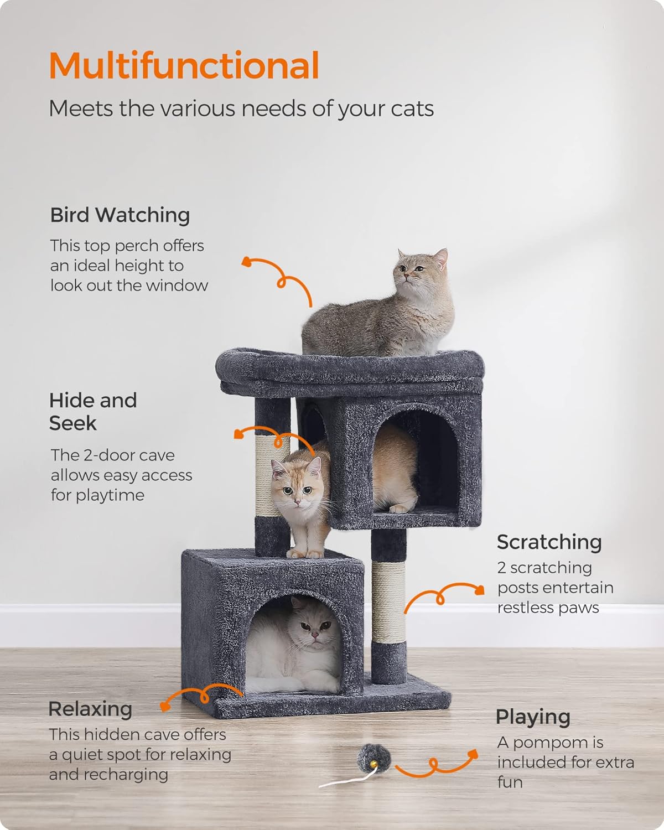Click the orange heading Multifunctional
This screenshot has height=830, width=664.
(x=184, y=65)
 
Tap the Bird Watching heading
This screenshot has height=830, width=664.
(x=120, y=215)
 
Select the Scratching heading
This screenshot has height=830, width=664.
(x=549, y=542)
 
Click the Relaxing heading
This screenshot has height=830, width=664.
(x=90, y=709)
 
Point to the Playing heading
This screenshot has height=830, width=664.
(x=533, y=717)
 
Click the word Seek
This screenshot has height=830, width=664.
(x=73, y=423)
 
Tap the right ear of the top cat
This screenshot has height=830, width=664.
(x=440, y=257)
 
